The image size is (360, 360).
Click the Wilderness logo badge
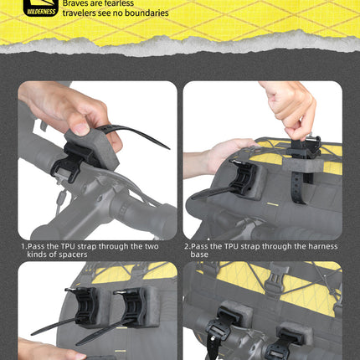click(x=41, y=8)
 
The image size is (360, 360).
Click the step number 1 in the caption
click(x=23, y=247)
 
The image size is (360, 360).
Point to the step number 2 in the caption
click(x=187, y=247)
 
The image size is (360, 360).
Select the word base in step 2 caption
click(x=199, y=255)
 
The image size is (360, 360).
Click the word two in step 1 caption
click(x=152, y=247)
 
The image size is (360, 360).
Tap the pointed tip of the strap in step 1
click(x=169, y=148)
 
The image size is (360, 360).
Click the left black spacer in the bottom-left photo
click(x=86, y=306)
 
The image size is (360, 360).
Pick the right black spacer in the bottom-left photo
click(x=136, y=306)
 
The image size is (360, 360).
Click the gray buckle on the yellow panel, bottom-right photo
click(x=274, y=282)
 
